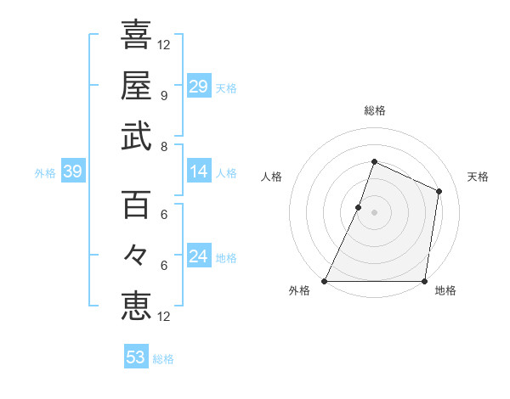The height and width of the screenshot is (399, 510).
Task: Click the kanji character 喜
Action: click(136, 37)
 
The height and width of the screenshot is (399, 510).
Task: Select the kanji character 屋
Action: click(136, 86)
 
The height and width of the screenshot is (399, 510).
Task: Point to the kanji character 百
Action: click(136, 205)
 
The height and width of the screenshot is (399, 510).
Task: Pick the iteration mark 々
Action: click(136, 255)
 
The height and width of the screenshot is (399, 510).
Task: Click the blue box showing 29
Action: click(198, 87)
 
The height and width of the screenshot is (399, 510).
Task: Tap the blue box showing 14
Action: click(198, 172)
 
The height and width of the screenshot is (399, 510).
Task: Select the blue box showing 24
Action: click(198, 256)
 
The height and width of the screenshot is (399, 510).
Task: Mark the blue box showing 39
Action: click(72, 172)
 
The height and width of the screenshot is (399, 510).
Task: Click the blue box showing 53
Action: click(136, 357)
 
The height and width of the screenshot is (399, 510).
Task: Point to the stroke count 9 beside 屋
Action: click(163, 95)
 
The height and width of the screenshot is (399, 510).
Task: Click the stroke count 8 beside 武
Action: click(163, 146)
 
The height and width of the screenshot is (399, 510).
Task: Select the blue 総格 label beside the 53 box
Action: click(164, 359)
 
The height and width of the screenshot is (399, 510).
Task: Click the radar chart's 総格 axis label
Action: click(374, 111)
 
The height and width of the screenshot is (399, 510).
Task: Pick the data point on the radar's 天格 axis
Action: click(439, 191)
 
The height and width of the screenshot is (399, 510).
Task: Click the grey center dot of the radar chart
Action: click(374, 212)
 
